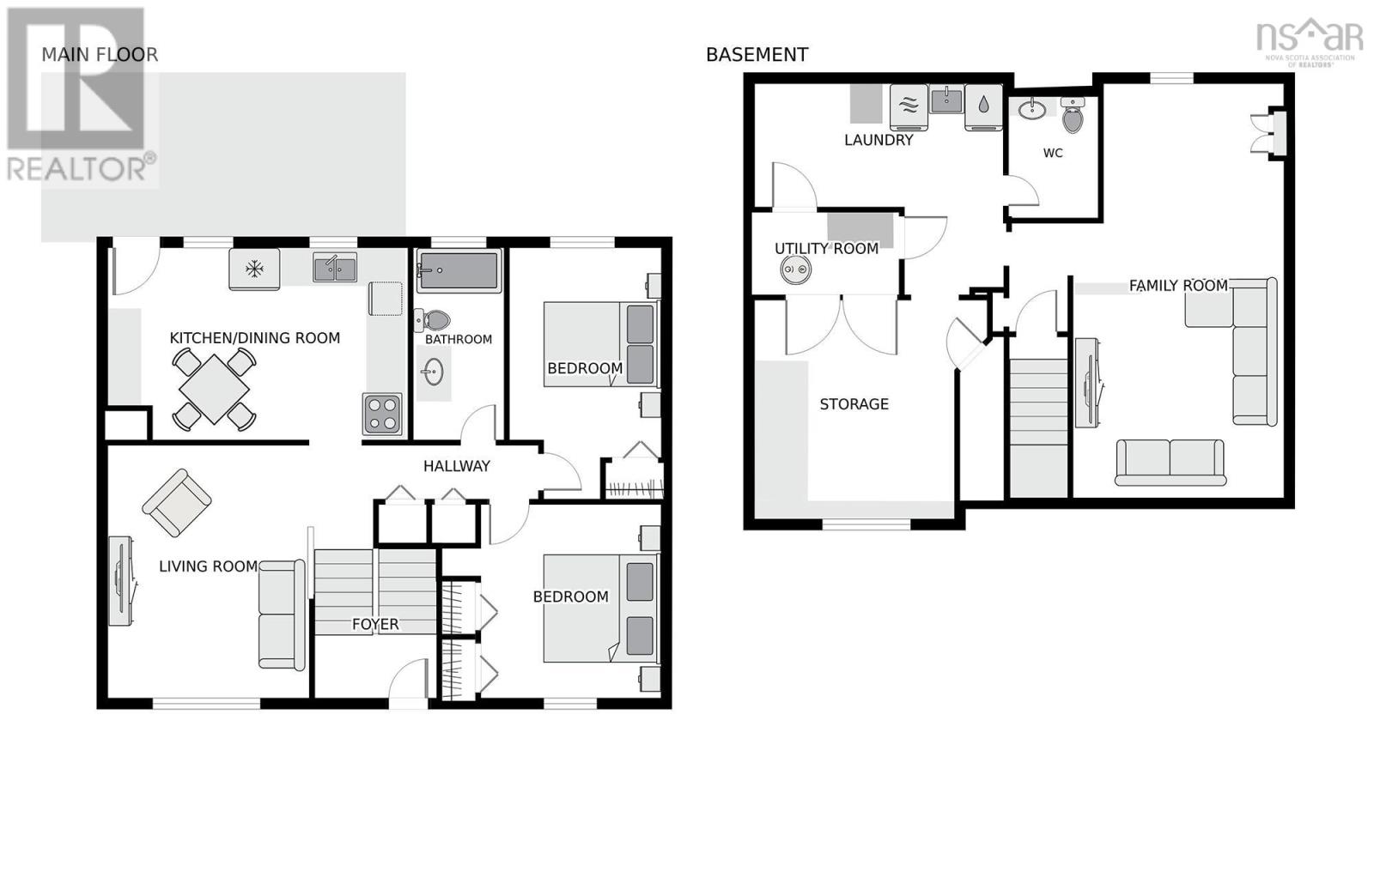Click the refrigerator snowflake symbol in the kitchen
[x=254, y=268]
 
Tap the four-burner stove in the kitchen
[x=382, y=414]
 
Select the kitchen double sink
[x=335, y=267]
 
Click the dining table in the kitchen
[x=214, y=389]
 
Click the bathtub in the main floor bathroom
[x=459, y=270]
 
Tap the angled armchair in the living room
[x=177, y=503]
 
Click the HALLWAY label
[x=456, y=466]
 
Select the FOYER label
[x=375, y=624]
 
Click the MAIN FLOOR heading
[x=100, y=55]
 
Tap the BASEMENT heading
[x=757, y=55]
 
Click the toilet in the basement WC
[x=1073, y=115]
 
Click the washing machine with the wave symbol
[x=909, y=106]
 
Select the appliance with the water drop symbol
[x=983, y=106]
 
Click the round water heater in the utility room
[x=795, y=269]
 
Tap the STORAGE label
[x=854, y=404]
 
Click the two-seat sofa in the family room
[x=1170, y=463]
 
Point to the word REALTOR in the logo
[x=77, y=168]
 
